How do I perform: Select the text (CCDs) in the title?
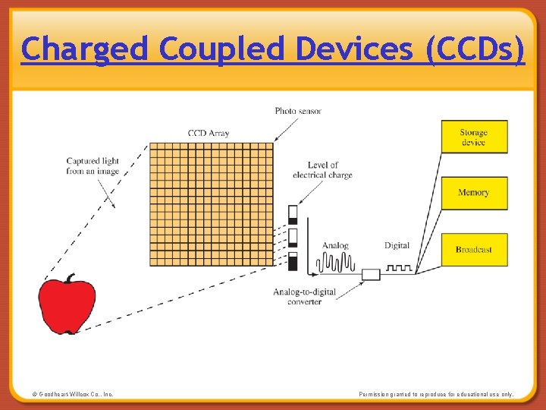click(475, 50)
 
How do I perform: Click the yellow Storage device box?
click(473, 137)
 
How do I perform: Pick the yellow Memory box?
click(473, 193)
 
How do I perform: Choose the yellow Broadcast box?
click(473, 249)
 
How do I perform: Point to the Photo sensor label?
click(298, 111)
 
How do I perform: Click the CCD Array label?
click(209, 134)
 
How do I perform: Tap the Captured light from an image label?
click(93, 166)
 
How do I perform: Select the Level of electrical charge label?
click(322, 170)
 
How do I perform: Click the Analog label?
click(335, 245)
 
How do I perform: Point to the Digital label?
click(397, 245)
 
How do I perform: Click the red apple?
click(67, 306)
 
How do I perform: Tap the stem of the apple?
click(70, 278)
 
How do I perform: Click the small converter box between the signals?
click(371, 273)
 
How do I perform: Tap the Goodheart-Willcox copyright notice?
click(73, 394)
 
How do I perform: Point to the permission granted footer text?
click(436, 394)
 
